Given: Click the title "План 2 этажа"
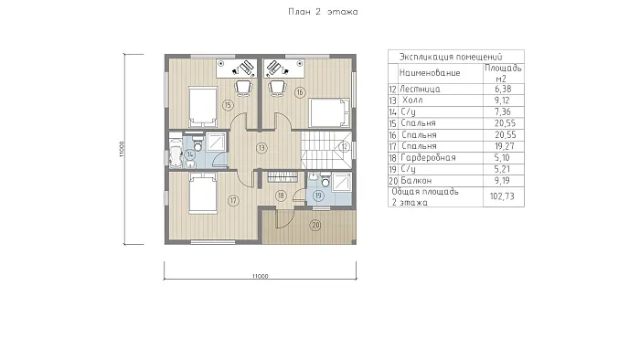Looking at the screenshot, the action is [323, 12].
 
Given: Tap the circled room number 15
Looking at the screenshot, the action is [228, 105].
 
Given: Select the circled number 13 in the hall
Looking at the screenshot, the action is [261, 148].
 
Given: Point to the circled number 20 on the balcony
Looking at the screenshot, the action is [315, 225].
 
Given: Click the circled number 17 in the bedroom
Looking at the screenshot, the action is [233, 201].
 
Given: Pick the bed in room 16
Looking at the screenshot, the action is [329, 112].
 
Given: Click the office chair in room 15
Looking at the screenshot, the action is [244, 88].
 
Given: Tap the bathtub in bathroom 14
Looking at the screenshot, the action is [176, 154].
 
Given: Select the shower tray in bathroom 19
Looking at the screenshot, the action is [341, 182].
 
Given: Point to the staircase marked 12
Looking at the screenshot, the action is [326, 150].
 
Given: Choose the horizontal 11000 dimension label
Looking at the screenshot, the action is [260, 276].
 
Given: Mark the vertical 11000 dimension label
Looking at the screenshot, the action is [122, 149].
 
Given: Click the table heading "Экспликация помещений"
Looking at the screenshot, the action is [451, 57].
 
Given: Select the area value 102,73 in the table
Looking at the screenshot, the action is [502, 196].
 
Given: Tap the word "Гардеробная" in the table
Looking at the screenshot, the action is [428, 158].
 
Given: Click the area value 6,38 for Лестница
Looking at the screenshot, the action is [503, 89].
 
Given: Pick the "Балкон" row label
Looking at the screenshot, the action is [416, 181].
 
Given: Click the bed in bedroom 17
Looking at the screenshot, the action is [202, 193].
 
